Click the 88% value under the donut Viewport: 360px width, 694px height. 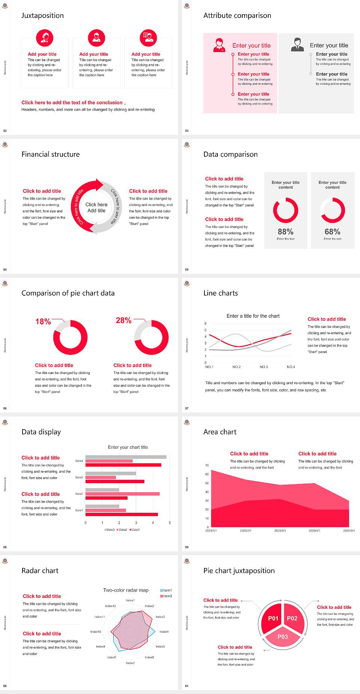pyautogui.click(x=285, y=232)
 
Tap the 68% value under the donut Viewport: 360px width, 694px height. pyautogui.click(x=332, y=232)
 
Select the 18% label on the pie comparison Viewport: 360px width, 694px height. pyautogui.click(x=43, y=321)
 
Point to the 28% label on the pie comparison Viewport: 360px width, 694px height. pyautogui.click(x=123, y=320)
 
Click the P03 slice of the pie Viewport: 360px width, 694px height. pyautogui.click(x=283, y=637)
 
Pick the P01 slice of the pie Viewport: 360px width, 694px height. pyautogui.click(x=273, y=618)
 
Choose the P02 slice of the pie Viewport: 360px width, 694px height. pyautogui.click(x=292, y=618)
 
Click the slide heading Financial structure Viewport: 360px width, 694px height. pyautogui.click(x=51, y=154)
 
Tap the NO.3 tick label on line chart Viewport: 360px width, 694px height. pyautogui.click(x=264, y=367)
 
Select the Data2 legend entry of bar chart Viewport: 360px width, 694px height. pyautogui.click(x=122, y=530)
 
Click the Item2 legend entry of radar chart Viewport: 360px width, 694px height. pyautogui.click(x=166, y=596)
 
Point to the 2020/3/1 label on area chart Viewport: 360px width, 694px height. pyautogui.click(x=280, y=531)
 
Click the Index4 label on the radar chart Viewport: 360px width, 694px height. pyautogui.click(x=164, y=632)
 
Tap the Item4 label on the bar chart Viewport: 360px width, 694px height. pyautogui.click(x=79, y=461)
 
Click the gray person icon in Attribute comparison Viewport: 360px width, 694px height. pyautogui.click(x=297, y=45)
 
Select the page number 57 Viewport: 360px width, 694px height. pyautogui.click(x=187, y=408)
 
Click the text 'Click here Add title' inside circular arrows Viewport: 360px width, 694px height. pyautogui.click(x=96, y=207)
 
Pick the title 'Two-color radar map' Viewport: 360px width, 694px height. pyautogui.click(x=126, y=590)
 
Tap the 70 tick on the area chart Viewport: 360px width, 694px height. pyautogui.click(x=207, y=466)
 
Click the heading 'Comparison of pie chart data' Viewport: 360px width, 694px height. pyautogui.click(x=68, y=293)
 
